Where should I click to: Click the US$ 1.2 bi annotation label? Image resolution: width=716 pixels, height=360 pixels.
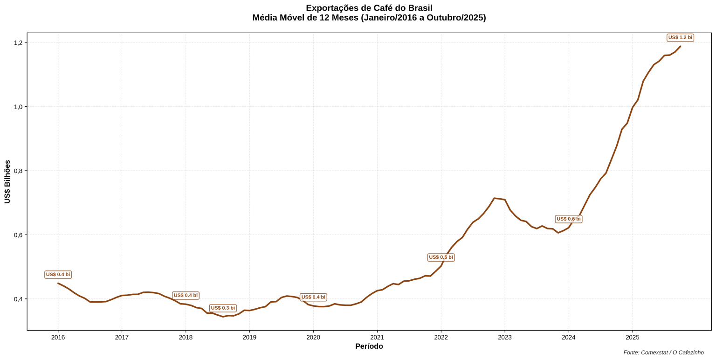coord(680,37)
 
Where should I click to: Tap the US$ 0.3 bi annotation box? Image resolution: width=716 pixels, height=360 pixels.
coord(223,308)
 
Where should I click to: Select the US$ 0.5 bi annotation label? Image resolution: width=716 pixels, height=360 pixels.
coord(441,257)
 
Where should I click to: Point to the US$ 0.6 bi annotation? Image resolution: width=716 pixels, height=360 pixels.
coord(568,219)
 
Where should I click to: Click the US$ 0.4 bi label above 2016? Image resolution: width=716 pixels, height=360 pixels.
coord(58,275)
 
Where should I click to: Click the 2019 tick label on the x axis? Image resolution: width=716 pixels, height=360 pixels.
coord(249,337)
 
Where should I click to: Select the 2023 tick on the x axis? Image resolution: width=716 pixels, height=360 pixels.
coord(505,337)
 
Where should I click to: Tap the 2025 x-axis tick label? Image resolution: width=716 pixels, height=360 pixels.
coord(633,337)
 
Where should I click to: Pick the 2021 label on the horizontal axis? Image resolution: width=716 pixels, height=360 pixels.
coord(377,337)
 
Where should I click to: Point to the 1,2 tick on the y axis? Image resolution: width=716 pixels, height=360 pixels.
coord(18,43)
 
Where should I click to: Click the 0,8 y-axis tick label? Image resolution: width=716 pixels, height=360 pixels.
coord(18,171)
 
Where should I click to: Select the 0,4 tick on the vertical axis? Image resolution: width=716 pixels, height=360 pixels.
coord(18,299)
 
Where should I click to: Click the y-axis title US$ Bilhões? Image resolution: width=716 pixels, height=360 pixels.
coord(7,182)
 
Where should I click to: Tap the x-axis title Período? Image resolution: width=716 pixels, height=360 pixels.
coord(369,346)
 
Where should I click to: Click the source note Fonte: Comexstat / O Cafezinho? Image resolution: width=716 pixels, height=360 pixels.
coord(663,353)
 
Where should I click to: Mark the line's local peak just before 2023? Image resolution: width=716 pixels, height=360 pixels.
coord(494,198)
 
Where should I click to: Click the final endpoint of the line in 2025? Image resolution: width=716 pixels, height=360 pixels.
coord(680,46)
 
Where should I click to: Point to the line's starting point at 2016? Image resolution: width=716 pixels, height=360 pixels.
coord(58,283)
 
